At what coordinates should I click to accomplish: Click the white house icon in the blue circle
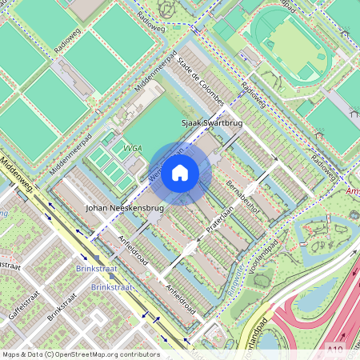[180, 173]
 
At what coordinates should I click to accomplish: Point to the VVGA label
[133, 148]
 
